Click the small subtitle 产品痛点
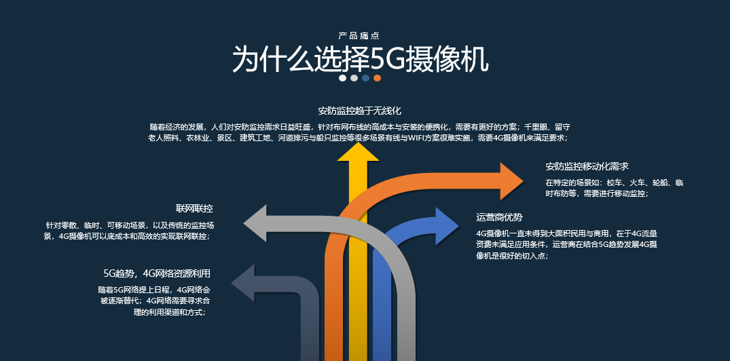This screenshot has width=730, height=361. click(x=359, y=35)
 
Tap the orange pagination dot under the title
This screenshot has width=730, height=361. click(x=377, y=78)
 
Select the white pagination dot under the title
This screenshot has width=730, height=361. click(x=343, y=78)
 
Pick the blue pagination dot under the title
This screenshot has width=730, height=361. click(x=365, y=78)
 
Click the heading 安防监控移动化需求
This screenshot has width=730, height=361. click(x=587, y=166)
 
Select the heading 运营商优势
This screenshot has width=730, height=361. click(x=499, y=217)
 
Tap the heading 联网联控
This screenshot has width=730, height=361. click(x=194, y=208)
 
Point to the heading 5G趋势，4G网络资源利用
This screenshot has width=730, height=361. click(x=157, y=273)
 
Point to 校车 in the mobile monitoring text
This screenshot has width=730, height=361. click(x=616, y=183)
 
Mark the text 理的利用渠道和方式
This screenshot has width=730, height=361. click(x=169, y=312)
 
